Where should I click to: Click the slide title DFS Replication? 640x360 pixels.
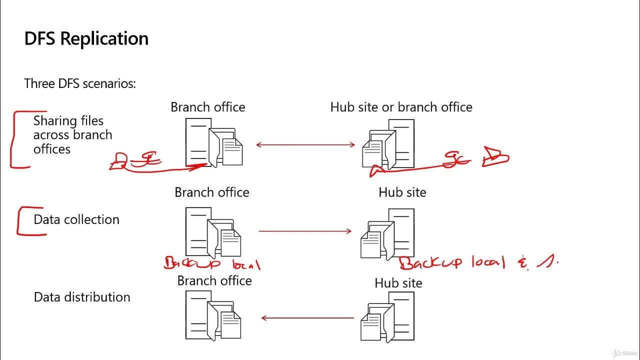[86, 39]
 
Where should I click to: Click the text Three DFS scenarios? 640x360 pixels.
[80, 83]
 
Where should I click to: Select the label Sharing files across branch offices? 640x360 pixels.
[72, 135]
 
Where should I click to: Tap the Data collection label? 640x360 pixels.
[76, 219]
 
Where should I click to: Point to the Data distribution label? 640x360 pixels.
[82, 297]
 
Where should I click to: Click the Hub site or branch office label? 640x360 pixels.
[401, 107]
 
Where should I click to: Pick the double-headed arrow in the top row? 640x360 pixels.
[305, 145]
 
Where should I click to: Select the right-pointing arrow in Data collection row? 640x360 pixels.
[305, 231]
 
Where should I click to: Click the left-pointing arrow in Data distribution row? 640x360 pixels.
[307, 317]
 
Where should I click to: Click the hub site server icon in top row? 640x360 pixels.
[388, 143]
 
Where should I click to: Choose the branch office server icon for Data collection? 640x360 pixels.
[213, 232]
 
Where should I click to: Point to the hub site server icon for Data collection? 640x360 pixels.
[387, 233]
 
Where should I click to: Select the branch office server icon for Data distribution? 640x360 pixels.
[213, 315]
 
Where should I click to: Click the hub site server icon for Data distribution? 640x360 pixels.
[387, 316]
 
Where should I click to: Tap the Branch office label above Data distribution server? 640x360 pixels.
[214, 280]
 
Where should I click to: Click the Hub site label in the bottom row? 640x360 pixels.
[398, 283]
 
